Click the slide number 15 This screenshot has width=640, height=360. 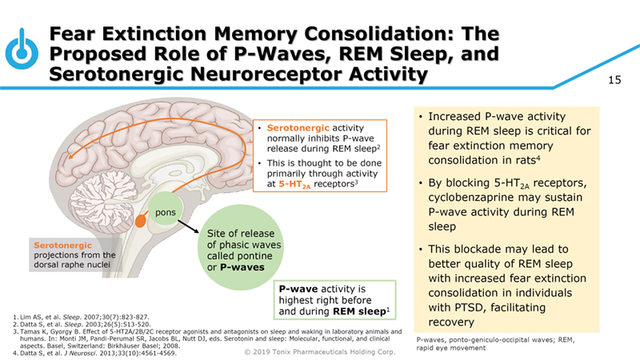pos(614,80)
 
